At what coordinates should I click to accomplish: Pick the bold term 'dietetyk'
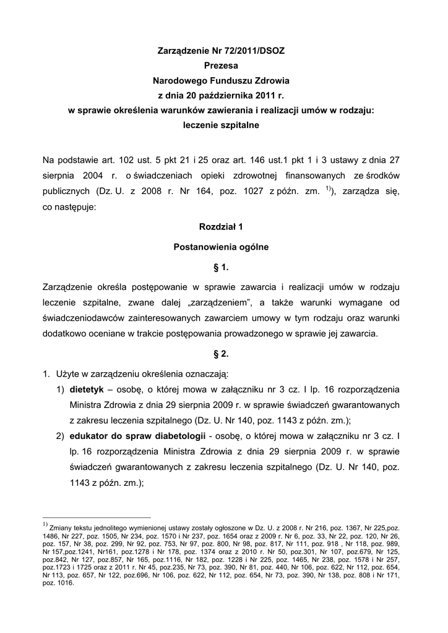point(86,390)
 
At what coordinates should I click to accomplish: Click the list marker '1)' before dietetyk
point(60,390)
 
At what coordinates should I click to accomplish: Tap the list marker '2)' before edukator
point(60,436)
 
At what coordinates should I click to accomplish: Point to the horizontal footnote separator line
point(97,517)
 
